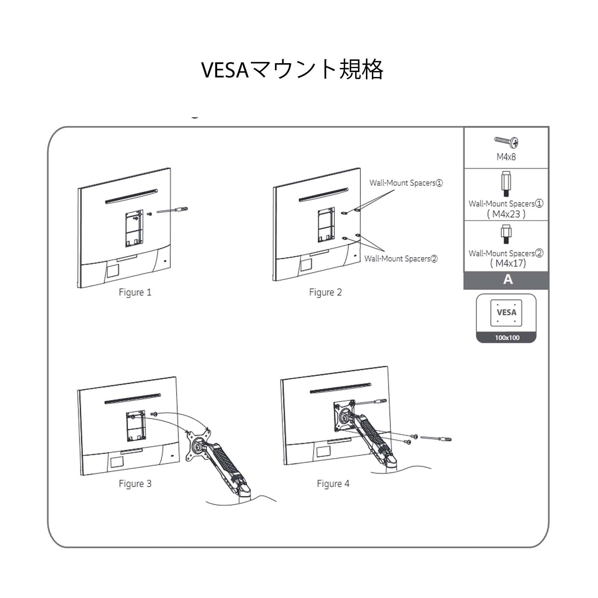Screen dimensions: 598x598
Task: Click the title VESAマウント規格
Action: coord(292,70)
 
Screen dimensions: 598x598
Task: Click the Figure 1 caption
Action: coord(135,292)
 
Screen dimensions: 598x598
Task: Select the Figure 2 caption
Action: coord(325,292)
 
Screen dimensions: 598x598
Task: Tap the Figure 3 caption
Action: coord(135,484)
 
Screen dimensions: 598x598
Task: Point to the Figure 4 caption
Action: coord(333,484)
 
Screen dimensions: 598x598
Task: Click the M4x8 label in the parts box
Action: coord(506,157)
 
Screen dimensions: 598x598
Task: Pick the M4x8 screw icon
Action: coord(506,141)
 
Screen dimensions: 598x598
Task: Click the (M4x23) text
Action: coord(506,214)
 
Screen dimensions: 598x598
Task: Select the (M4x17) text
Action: coord(508,263)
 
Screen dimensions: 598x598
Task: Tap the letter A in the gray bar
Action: coord(508,280)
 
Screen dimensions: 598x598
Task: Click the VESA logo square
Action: coord(506,313)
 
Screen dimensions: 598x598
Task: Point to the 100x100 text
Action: coord(507,337)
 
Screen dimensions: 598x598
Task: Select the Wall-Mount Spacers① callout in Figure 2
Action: coord(406,183)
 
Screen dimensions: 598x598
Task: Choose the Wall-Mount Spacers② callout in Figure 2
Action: coord(401,259)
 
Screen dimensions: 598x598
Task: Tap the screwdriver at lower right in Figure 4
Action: coord(436,438)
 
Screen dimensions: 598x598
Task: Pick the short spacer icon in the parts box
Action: coord(506,234)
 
